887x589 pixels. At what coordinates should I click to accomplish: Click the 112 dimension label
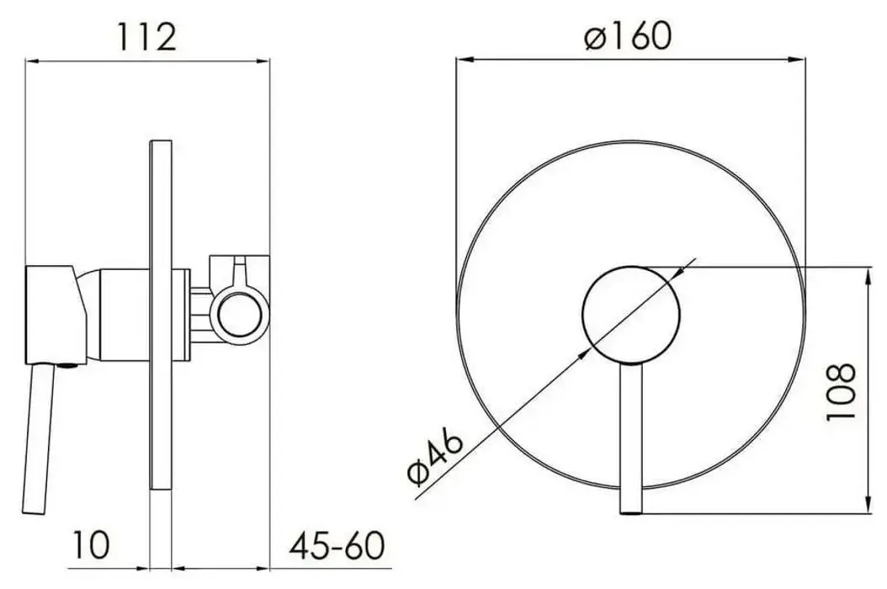(x=148, y=38)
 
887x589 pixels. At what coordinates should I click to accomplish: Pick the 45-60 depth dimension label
(x=336, y=545)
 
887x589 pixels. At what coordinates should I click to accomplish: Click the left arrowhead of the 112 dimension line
(x=32, y=60)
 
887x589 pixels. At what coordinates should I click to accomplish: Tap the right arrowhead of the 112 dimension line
(x=268, y=60)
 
